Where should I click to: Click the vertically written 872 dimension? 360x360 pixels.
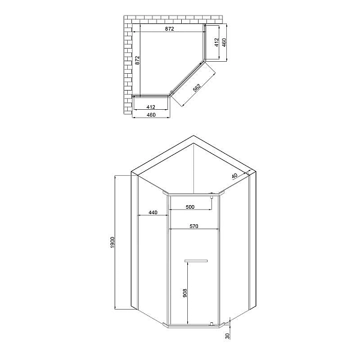pos(137,59)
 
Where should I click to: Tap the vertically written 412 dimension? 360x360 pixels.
pos(216,43)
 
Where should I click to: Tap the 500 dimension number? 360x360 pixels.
pos(190,207)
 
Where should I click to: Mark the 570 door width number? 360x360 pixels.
pos(193,226)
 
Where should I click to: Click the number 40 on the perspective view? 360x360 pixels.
pos(235,175)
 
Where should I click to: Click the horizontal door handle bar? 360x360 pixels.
pos(196,260)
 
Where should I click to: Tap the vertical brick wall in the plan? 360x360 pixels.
pos(127,66)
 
